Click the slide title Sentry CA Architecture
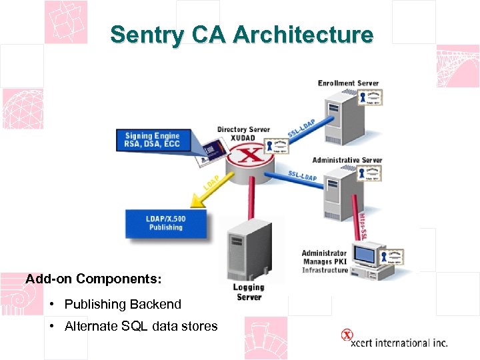click(x=241, y=35)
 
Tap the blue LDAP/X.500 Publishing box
click(x=165, y=223)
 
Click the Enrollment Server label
click(x=348, y=83)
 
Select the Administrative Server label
click(x=347, y=160)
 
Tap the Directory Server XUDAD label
click(x=243, y=133)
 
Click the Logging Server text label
click(x=249, y=292)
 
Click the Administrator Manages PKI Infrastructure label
click(x=325, y=261)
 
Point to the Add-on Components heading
click(x=93, y=279)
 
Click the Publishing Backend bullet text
click(x=123, y=304)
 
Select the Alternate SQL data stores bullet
click(x=141, y=326)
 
